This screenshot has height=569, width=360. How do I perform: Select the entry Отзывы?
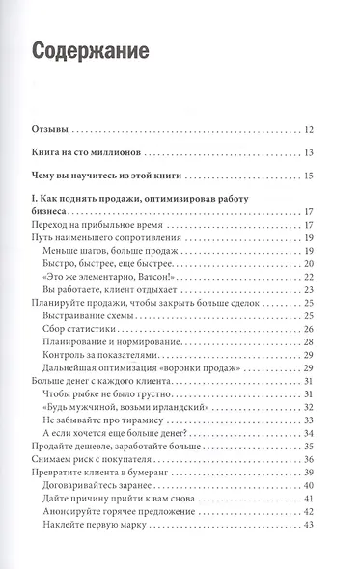48,128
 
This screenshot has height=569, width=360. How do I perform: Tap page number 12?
307,128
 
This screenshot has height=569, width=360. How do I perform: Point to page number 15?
307,176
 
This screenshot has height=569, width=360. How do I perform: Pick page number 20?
307,263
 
